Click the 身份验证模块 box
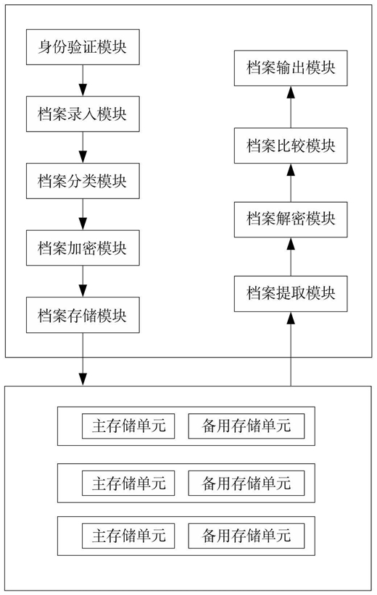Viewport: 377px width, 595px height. [x=83, y=47]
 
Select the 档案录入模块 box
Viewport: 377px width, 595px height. [x=83, y=114]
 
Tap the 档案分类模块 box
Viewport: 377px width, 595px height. [x=83, y=181]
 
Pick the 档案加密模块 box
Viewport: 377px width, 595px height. [x=83, y=248]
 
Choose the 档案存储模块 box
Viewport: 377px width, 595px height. [x=83, y=315]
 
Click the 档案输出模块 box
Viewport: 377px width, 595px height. [x=291, y=68]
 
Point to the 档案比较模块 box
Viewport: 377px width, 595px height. [x=291, y=145]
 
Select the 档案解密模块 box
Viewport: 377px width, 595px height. [x=291, y=220]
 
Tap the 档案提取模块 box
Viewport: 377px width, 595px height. [x=291, y=294]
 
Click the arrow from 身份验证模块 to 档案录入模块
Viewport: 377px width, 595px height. [x=83, y=80]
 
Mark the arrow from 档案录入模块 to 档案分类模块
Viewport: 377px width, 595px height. [x=83, y=147]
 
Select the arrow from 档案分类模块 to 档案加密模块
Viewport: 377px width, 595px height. [x=83, y=214]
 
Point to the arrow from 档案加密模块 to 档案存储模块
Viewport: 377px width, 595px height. [x=83, y=281]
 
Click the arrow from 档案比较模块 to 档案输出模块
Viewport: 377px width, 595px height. [x=291, y=107]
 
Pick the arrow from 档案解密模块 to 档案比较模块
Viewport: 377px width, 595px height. [x=291, y=183]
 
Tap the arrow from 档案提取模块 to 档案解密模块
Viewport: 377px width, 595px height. [x=291, y=257]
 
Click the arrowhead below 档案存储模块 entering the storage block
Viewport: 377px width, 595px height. [x=83, y=379]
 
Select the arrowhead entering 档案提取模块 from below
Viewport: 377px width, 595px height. [x=291, y=318]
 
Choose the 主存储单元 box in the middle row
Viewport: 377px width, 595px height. [x=128, y=483]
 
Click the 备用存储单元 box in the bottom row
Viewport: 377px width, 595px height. [x=246, y=536]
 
